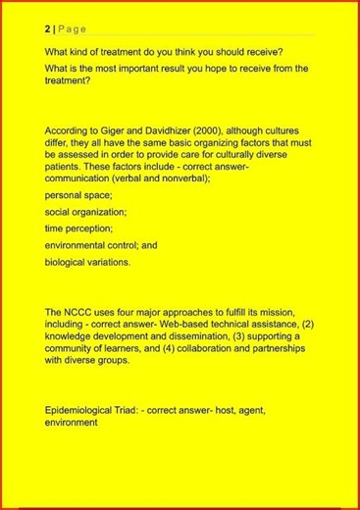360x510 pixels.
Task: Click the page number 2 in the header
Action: (x=47, y=29)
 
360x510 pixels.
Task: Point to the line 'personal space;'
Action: (x=78, y=195)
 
